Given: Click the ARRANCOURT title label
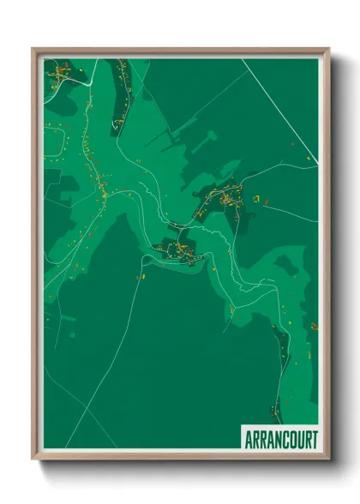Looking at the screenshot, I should click(x=279, y=439).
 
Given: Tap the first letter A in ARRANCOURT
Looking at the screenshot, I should click(x=247, y=439).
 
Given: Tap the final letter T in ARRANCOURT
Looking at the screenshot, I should click(x=314, y=439).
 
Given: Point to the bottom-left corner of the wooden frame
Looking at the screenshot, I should click(x=33, y=459).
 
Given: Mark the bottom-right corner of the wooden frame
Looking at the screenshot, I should click(x=328, y=459).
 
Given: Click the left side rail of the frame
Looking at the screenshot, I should click(x=35, y=257).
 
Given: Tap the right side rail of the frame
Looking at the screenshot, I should click(x=327, y=257).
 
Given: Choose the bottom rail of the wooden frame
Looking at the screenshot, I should click(x=180, y=456).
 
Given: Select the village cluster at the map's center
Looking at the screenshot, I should click(x=178, y=251).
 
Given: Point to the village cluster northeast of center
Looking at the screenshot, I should click(x=225, y=199).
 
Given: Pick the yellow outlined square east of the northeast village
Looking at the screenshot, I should click(x=255, y=198).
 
